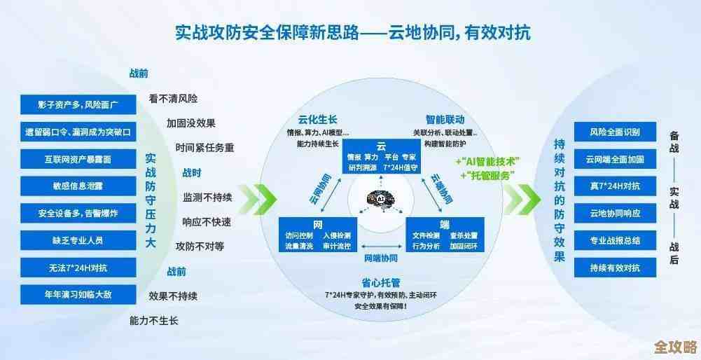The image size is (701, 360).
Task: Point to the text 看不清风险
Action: click(173, 99)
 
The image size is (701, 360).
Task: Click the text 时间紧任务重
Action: click(204, 148)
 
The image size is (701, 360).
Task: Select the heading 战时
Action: click(192, 172)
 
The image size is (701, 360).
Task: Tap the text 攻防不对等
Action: click(200, 246)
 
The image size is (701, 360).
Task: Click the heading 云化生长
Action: click(317, 119)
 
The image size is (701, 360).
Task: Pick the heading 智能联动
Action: click(445, 119)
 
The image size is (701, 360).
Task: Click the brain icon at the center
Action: click(382, 200)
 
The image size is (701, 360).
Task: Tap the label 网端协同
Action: click(380, 258)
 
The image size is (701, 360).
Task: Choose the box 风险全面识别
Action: click(613, 132)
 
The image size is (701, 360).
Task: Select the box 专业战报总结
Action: click(613, 240)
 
